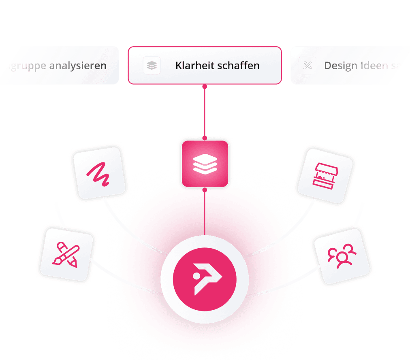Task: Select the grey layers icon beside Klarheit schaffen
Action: pyautogui.click(x=152, y=65)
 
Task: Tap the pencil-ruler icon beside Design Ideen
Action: pyautogui.click(x=307, y=65)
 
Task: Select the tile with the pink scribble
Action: pyautogui.click(x=98, y=173)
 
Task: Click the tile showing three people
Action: pyautogui.click(x=342, y=256)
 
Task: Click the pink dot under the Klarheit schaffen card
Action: pyautogui.click(x=205, y=86)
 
